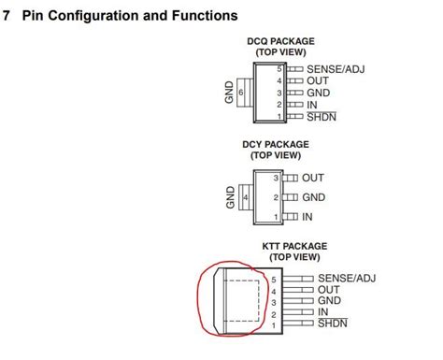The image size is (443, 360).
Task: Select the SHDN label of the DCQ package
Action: (x=322, y=117)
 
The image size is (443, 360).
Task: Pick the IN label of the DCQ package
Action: (x=311, y=105)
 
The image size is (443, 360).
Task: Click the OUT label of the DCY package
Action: (x=313, y=177)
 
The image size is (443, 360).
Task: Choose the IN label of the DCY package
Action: (x=307, y=217)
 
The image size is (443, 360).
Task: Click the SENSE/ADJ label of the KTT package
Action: (x=346, y=278)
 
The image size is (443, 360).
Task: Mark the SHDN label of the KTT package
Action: (x=333, y=324)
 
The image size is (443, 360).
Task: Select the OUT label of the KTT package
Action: (x=329, y=290)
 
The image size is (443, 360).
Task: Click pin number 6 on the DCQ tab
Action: (x=241, y=93)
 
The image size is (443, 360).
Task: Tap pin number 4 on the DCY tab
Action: (x=245, y=197)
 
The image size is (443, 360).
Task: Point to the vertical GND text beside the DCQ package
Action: (x=227, y=93)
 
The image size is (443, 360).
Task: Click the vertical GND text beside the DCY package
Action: (x=230, y=197)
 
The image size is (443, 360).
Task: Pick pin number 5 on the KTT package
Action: (x=275, y=279)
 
